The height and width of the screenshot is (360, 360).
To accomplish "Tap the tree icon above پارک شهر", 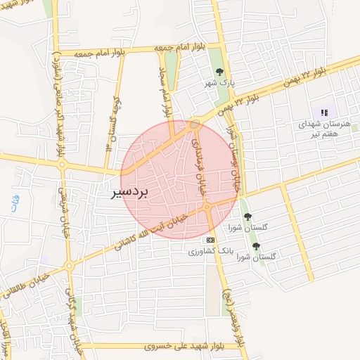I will (219, 72).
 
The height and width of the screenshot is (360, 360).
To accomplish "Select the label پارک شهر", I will (219, 82).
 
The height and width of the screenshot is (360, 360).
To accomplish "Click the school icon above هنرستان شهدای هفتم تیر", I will (324, 112).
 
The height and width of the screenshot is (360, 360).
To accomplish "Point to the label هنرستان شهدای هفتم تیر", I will (323, 128).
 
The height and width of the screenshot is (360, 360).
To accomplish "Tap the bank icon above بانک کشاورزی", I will (210, 240).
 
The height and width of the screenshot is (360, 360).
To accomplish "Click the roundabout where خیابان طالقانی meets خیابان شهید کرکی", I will (69, 266).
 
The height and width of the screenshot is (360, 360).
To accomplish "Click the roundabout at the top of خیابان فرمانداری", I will (194, 125).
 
